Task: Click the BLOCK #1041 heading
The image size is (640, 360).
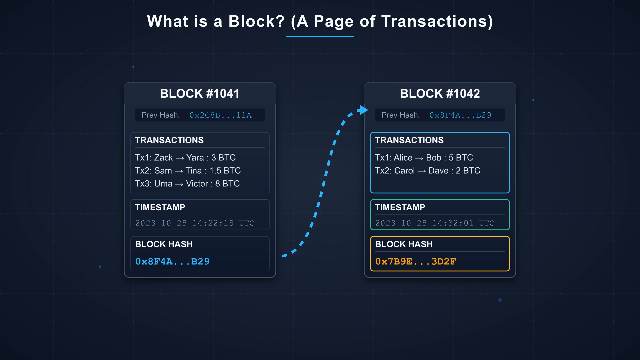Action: [200, 94]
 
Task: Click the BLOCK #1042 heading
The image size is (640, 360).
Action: [440, 94]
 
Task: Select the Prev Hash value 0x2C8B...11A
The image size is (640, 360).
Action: [220, 115]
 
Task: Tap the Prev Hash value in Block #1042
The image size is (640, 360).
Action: [460, 115]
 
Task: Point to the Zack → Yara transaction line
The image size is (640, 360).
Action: [185, 158]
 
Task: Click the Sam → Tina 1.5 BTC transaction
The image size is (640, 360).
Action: [188, 171]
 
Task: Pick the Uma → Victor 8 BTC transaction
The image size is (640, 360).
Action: [187, 184]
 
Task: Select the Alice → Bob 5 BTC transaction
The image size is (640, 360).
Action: [424, 158]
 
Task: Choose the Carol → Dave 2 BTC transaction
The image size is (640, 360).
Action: [427, 171]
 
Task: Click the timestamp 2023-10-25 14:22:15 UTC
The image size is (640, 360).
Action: [195, 223]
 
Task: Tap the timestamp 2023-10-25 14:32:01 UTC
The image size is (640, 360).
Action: [435, 223]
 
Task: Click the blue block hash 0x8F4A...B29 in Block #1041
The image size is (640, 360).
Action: [172, 262]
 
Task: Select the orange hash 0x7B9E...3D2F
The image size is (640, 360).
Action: [415, 262]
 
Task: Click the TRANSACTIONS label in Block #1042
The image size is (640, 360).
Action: [409, 140]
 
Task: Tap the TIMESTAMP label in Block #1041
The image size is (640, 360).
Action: [160, 207]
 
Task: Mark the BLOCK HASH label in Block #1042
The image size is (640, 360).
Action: [404, 244]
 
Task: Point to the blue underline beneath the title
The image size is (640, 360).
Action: [320, 37]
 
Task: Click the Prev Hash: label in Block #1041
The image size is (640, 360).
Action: [160, 115]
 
